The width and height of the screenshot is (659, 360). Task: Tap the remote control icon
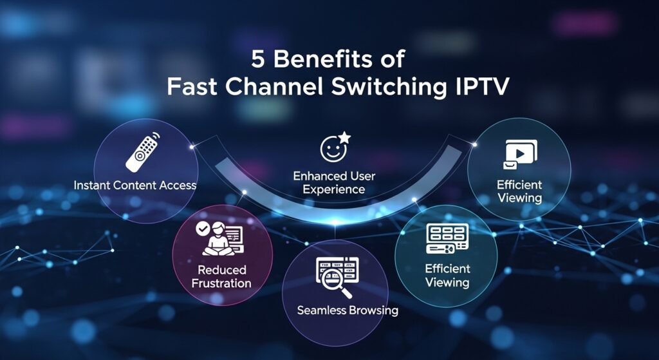(x=142, y=152)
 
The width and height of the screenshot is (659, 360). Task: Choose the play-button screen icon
(x=519, y=153)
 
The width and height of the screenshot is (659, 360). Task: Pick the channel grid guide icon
(x=446, y=239)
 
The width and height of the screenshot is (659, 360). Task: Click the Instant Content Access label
(x=135, y=185)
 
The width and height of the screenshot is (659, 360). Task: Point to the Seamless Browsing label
(x=348, y=310)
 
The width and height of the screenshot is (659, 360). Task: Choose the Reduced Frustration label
(x=222, y=276)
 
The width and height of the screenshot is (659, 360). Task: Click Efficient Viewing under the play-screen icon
(x=519, y=191)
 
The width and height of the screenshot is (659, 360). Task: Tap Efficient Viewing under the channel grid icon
(x=447, y=275)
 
